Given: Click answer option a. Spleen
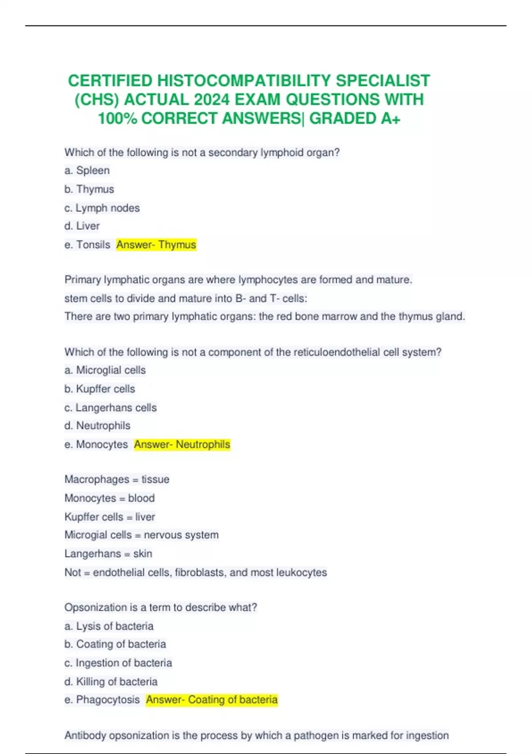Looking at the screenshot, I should pos(87,170).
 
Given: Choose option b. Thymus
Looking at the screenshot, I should pos(89,189).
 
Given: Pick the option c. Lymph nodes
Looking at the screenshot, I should pos(102,208).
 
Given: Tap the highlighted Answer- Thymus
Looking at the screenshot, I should pos(156,245).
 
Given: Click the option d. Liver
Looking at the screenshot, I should pos(82,226).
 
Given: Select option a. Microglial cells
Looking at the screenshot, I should pos(105,370).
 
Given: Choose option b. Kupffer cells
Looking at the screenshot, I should pos(100,389).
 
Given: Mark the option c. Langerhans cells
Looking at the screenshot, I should pos(110,408).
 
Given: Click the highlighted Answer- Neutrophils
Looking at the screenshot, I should pos(182,444).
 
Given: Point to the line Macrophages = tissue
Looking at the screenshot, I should pos(117,479).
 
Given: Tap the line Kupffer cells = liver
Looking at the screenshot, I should pos(110,517).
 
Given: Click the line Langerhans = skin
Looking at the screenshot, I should pos(108,554).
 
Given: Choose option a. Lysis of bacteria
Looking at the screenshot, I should pos(109,626).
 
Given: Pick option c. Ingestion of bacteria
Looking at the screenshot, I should pos(118,663).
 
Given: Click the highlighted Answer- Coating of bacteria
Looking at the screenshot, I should pos(212,700).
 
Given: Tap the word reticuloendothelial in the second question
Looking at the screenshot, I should pos(336,352).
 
